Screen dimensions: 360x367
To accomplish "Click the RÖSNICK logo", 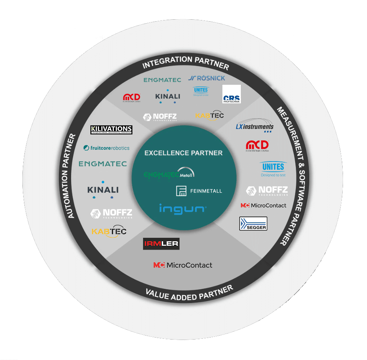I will (206, 78).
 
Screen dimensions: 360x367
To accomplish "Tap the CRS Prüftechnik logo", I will (231, 94).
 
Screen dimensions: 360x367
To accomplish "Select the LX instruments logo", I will (254, 126).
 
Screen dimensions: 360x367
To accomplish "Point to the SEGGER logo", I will (253, 224).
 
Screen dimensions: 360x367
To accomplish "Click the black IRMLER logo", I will (161, 244).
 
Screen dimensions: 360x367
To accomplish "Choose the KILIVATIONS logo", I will (111, 130).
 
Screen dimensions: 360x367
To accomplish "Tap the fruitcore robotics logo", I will (106, 148).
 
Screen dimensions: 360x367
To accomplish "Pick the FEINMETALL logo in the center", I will (199, 191).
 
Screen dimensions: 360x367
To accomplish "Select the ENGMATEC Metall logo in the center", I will (169, 174).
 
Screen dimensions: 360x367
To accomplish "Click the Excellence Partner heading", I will (183, 153).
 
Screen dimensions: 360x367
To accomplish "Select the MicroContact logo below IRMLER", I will (183, 265).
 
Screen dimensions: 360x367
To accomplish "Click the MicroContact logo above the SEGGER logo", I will (263, 205).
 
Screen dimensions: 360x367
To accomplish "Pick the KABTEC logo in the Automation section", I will (109, 231).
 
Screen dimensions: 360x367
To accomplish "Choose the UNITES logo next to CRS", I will (201, 92).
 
